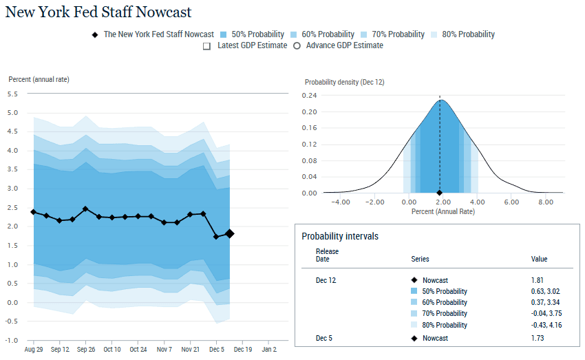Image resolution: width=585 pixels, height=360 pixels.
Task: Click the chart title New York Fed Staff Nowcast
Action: [x=98, y=12]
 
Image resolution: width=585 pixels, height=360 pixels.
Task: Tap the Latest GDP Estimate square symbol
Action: [x=206, y=45]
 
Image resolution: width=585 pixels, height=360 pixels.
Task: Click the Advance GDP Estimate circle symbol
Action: [x=297, y=45]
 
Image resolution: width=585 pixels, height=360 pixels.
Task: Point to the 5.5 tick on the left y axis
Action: [x=12, y=94]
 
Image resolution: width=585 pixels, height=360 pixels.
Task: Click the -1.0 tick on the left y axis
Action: [x=12, y=341]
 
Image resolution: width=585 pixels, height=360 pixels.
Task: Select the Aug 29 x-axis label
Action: [x=33, y=350]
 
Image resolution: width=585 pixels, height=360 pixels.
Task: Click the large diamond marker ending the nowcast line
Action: [x=229, y=234]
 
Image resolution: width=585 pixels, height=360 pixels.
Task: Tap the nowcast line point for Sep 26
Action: [x=85, y=209]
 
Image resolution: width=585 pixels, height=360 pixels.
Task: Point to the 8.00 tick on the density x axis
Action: [x=545, y=202]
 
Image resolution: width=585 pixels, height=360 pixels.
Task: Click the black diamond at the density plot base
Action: [x=440, y=193]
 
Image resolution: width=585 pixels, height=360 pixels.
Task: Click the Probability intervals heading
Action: [x=340, y=236]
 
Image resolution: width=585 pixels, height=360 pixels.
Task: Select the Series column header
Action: [x=420, y=259]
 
